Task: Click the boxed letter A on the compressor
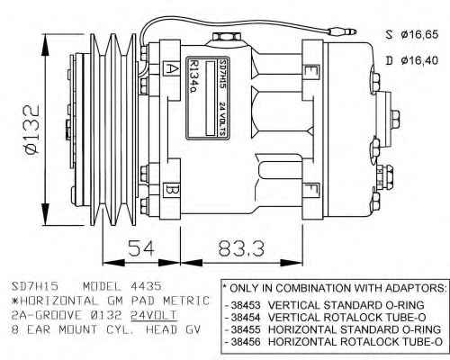tap(172, 69)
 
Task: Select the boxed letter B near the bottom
tap(172, 190)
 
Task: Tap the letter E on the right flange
tap(310, 71)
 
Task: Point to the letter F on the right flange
tap(311, 191)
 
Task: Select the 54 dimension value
tap(141, 248)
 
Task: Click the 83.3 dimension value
tap(241, 248)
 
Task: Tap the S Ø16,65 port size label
tap(412, 34)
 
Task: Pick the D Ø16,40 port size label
tap(412, 60)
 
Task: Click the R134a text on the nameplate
tap(193, 77)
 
